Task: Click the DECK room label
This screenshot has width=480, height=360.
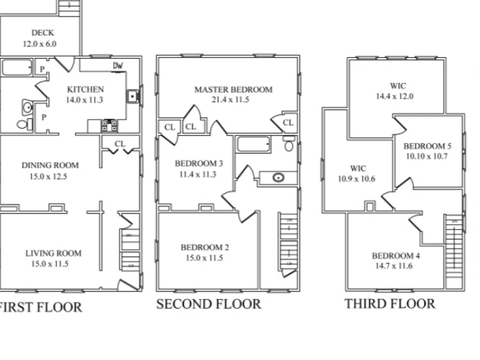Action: click(43, 33)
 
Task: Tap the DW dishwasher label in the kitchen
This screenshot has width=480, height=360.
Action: click(118, 66)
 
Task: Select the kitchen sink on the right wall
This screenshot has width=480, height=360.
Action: click(133, 96)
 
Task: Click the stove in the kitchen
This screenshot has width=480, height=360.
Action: click(109, 126)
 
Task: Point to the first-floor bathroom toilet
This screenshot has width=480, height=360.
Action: click(25, 125)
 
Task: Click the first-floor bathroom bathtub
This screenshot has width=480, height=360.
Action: click(17, 67)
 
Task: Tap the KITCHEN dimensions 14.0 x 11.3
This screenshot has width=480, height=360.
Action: click(84, 100)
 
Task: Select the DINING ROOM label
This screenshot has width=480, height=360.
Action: click(50, 165)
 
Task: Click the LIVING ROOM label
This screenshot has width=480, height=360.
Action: click(53, 253)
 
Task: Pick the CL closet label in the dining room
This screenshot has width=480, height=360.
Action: click(120, 144)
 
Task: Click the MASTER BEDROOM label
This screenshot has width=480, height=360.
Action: click(233, 89)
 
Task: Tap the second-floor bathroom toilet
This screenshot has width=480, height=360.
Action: click(289, 144)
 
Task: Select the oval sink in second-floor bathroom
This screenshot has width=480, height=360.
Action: click(278, 177)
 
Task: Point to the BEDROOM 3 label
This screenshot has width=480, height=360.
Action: click(199, 163)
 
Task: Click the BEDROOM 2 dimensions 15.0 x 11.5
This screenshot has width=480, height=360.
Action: click(204, 258)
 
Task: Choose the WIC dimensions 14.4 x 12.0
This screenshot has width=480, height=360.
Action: click(395, 96)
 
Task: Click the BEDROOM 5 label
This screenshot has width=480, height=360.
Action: click(428, 146)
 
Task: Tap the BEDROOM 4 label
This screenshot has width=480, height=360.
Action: click(396, 256)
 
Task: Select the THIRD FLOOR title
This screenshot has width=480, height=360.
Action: click(390, 304)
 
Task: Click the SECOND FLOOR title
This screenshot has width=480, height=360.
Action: click(209, 304)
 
